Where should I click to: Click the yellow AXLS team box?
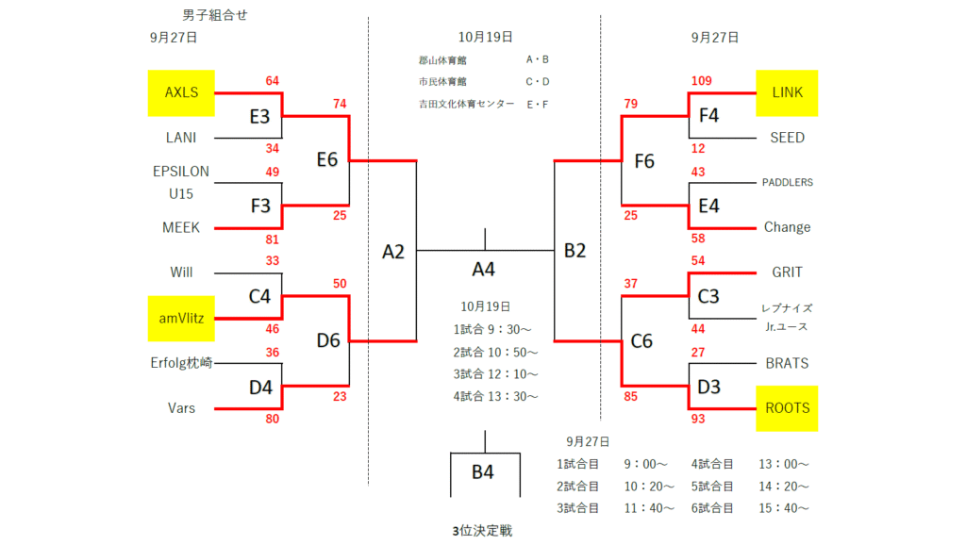[181, 92]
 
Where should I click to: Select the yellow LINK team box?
[787, 92]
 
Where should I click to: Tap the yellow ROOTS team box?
[787, 408]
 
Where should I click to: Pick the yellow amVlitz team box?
[181, 318]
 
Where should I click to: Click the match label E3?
[259, 116]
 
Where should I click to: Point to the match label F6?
[644, 160]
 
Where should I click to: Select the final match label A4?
[483, 270]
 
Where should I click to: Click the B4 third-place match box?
[483, 472]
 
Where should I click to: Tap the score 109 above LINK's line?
[702, 81]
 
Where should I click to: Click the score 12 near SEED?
[699, 149]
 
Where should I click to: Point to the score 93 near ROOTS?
[699, 419]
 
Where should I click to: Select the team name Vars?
[181, 408]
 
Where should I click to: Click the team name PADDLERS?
[787, 182]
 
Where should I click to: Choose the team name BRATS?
[787, 363]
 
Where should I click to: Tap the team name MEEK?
[181, 227]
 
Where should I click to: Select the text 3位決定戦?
[482, 531]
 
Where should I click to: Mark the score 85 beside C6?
[631, 397]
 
